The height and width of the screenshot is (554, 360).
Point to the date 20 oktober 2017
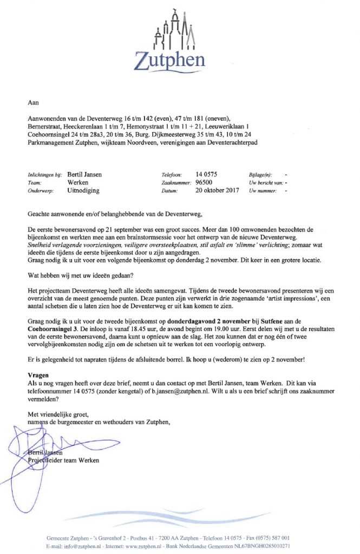click(217, 191)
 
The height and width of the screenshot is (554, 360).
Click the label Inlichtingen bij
click(45, 175)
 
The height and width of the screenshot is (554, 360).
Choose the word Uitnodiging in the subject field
click(83, 191)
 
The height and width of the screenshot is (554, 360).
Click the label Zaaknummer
click(177, 183)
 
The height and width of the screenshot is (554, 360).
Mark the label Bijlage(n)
click(261, 175)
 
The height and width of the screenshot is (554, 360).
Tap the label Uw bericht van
click(267, 183)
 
